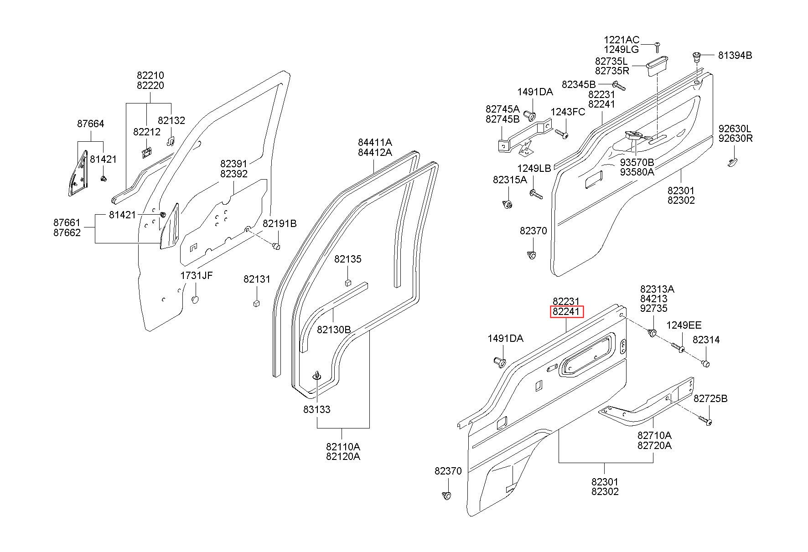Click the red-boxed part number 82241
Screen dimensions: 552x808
point(566,312)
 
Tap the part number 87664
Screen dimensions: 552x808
point(90,124)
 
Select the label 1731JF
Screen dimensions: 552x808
point(197,275)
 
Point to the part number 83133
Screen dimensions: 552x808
point(317,409)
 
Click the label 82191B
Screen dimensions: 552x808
point(280,223)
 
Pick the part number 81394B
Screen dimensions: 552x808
point(735,56)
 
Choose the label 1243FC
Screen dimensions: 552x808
point(568,112)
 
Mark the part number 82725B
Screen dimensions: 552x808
point(710,399)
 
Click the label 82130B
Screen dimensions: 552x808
point(334,329)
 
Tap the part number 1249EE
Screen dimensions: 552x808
point(684,325)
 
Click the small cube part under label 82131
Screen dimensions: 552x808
point(256,303)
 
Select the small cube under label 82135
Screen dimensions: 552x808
point(348,282)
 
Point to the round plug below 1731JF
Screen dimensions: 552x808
point(195,300)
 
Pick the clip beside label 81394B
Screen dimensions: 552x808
point(697,57)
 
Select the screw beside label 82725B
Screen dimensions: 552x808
point(706,421)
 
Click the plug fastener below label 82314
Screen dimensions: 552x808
point(705,363)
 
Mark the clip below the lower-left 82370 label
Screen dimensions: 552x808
point(447,495)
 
